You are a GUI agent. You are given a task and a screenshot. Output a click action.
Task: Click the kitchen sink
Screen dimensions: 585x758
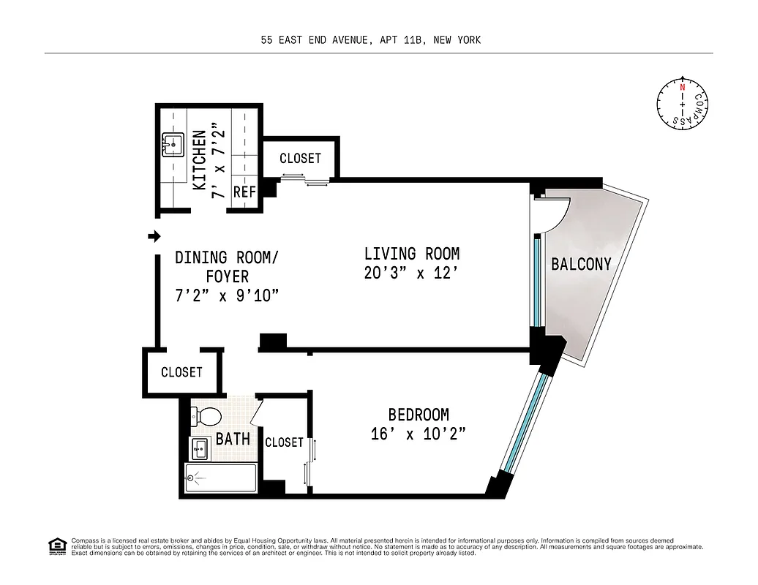click(x=173, y=146)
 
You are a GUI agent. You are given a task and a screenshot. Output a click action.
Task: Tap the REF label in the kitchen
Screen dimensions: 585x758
click(x=244, y=192)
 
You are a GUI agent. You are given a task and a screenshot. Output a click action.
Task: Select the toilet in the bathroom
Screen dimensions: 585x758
click(x=206, y=417)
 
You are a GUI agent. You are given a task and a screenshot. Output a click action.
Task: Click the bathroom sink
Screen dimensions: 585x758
click(x=200, y=448)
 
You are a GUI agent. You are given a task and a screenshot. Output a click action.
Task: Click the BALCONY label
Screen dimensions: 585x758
click(x=581, y=265)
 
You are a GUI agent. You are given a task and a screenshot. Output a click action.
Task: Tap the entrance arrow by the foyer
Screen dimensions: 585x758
click(x=154, y=236)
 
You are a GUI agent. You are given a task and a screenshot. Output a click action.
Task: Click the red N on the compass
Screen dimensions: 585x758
click(x=682, y=87)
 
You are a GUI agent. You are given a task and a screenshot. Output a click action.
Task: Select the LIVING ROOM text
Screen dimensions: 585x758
click(x=412, y=254)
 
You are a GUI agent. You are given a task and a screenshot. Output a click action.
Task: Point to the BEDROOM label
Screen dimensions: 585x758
click(x=419, y=415)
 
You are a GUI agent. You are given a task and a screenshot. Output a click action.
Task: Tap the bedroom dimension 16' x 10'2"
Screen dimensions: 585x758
click(x=419, y=434)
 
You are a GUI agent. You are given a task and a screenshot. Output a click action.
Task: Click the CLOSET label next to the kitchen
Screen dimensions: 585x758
click(x=300, y=158)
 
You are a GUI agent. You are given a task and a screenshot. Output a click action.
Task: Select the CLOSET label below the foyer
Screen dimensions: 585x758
click(x=181, y=372)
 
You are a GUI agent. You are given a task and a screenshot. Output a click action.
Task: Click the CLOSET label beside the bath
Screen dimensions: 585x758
click(x=284, y=442)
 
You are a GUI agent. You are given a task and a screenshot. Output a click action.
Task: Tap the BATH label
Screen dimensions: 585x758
click(x=233, y=439)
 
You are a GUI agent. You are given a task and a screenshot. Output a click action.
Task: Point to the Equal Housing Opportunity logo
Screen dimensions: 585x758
click(x=56, y=546)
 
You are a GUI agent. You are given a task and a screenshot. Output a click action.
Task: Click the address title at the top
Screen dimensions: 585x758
click(x=371, y=40)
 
